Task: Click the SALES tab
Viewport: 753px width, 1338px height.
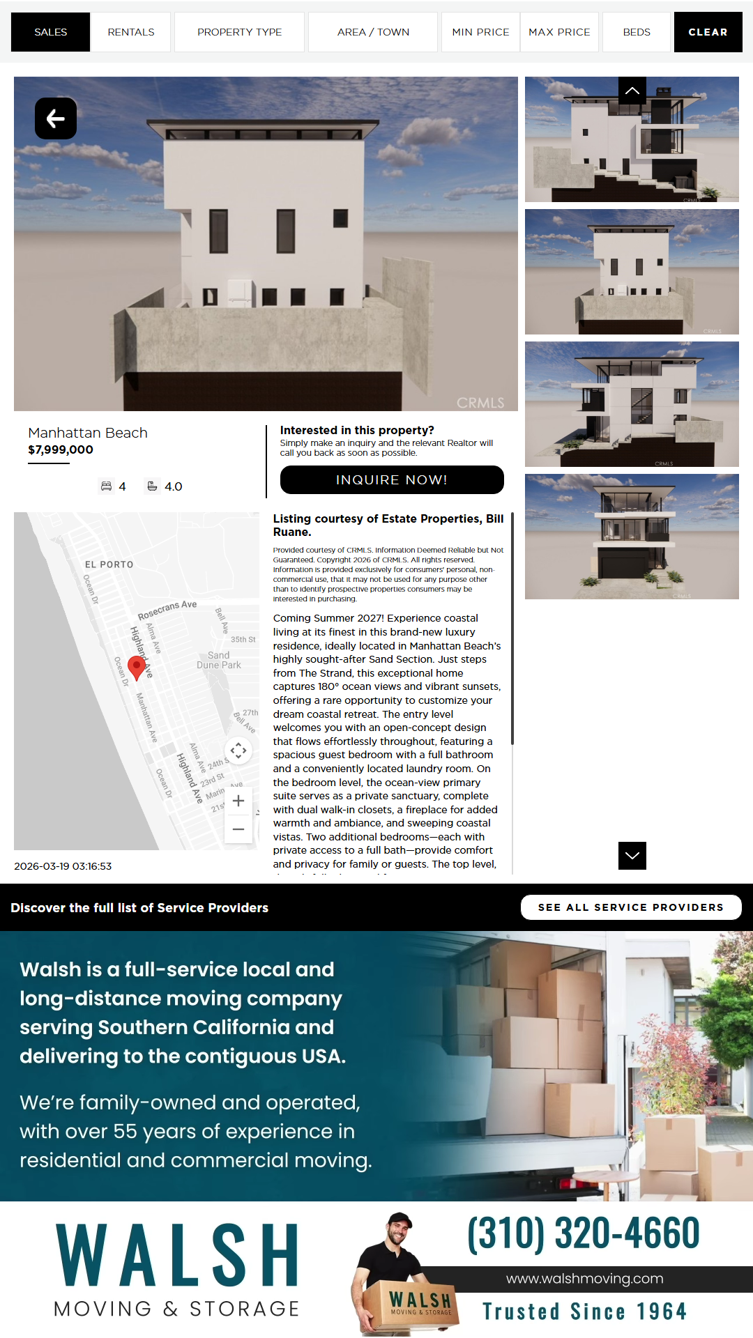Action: tap(50, 32)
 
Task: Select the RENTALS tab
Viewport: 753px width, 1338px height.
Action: tap(131, 32)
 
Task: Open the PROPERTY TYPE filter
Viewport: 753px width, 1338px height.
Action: tap(239, 32)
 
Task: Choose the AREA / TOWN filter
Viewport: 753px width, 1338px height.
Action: tap(373, 32)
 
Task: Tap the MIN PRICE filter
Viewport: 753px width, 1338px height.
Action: tap(480, 32)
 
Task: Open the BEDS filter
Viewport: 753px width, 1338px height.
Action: tap(636, 32)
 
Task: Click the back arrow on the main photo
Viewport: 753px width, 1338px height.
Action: tap(56, 118)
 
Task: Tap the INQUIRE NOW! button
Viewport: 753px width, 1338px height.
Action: tap(392, 479)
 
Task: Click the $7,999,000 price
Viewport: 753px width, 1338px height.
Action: tap(61, 449)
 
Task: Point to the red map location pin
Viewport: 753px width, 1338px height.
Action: tap(137, 667)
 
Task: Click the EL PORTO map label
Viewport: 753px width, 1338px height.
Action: tap(109, 564)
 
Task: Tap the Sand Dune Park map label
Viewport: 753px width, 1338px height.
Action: tap(218, 660)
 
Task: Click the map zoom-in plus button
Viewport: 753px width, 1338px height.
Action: tap(238, 801)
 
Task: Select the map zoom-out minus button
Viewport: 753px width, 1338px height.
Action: tap(238, 829)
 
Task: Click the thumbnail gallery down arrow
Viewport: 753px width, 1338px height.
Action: tap(632, 856)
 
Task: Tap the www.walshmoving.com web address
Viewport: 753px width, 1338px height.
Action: tap(584, 1279)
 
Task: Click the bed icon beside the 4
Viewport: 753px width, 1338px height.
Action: tap(106, 486)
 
